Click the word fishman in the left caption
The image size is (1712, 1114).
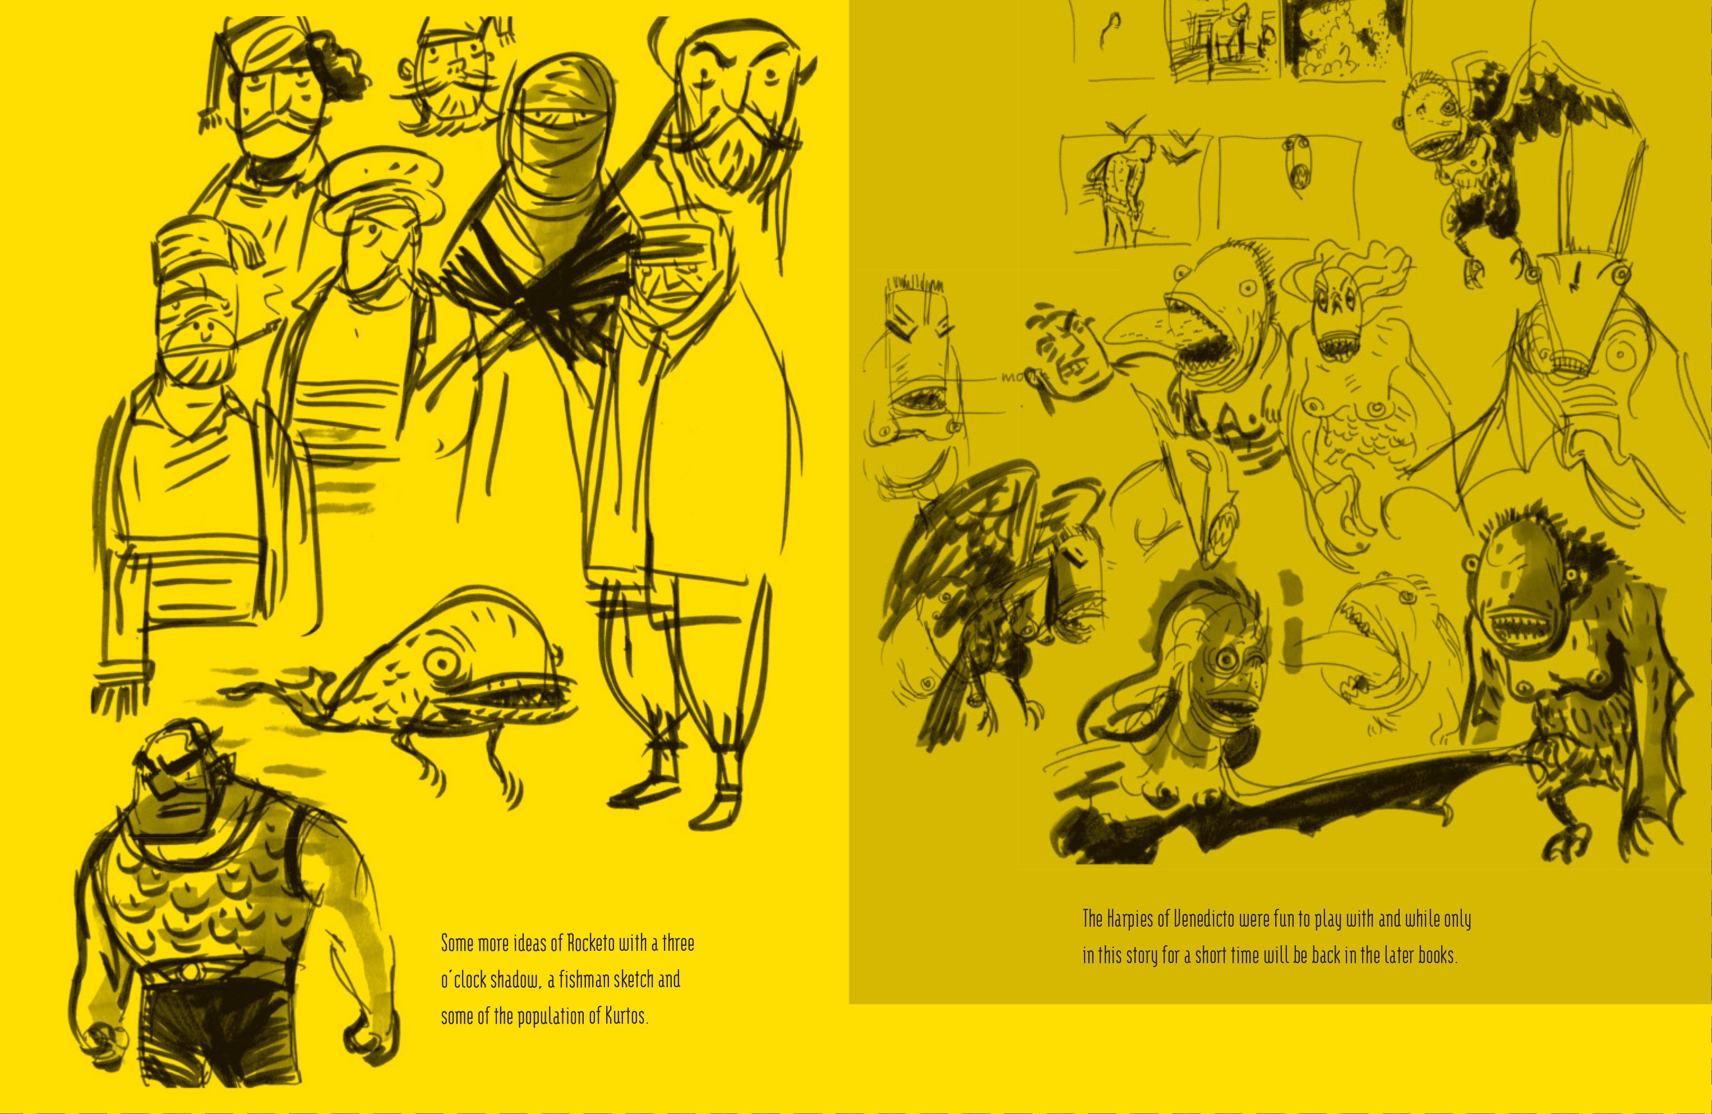(x=585, y=979)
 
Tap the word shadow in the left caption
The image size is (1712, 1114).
(x=516, y=980)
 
